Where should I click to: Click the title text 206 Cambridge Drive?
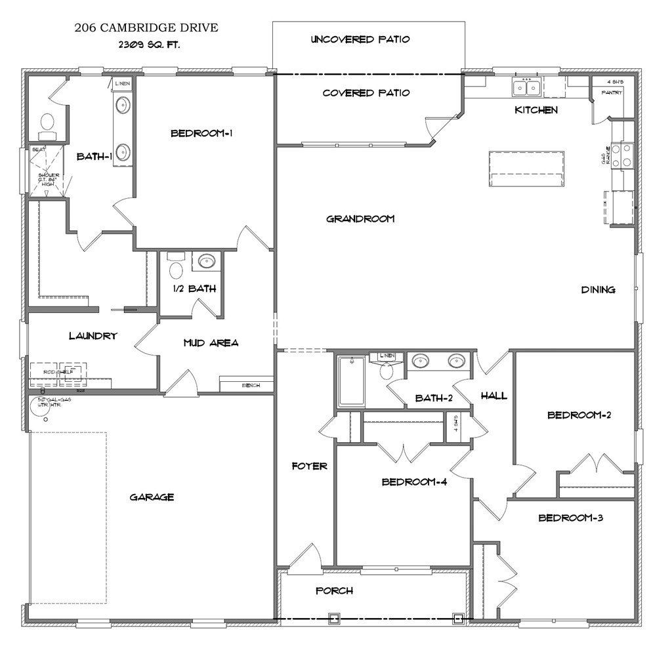pos(146,28)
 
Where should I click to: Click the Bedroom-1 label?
pos(202,133)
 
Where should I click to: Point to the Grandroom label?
pos(360,218)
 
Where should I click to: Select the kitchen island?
pos(526,163)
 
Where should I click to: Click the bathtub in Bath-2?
pos(350,381)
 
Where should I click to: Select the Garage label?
pos(152,497)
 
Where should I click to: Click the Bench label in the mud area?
pos(251,385)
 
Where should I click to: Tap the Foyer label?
pos(309,466)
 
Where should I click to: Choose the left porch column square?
pos(333,617)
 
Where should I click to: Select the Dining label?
pos(598,289)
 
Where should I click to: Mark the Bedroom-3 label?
pos(570,518)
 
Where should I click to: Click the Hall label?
pos(493,396)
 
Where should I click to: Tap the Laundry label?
pos(93,335)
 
